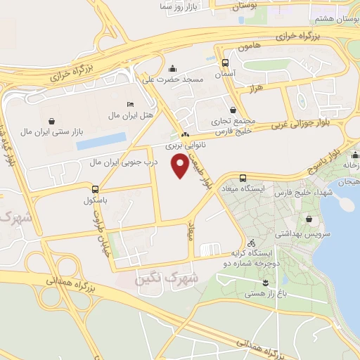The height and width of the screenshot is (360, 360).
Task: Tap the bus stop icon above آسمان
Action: [x=224, y=62]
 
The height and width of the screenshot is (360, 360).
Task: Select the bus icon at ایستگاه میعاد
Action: [x=243, y=179]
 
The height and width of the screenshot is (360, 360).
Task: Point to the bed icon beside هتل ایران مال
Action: [x=129, y=104]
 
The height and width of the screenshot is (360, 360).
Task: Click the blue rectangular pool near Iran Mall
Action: [x=101, y=141]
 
